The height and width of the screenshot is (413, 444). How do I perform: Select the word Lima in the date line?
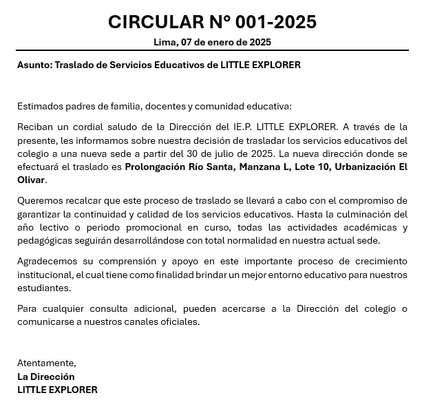pos(165,42)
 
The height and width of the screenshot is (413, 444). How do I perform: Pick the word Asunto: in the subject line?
pos(34,65)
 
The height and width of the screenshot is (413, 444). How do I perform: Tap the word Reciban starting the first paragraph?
pos(36,127)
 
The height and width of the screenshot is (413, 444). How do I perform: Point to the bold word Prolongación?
pos(155,167)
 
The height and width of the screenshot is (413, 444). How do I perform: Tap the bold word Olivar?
pos(30,180)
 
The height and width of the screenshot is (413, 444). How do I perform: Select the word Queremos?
pos(39,200)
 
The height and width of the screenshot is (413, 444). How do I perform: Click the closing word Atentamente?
pos(46,363)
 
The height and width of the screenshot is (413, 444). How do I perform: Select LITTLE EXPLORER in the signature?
pos(57,390)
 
